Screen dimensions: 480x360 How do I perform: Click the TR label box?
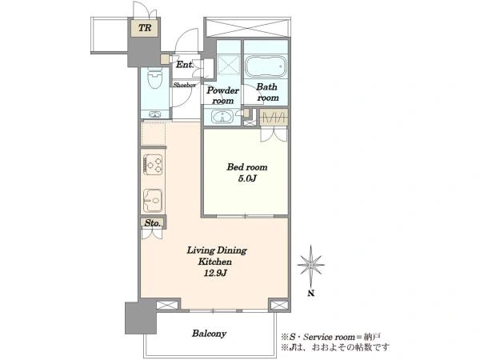tap(145, 28)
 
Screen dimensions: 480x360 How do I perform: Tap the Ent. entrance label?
tap(185, 65)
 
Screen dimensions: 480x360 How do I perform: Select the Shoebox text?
tap(184, 85)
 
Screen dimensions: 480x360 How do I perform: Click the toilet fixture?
tap(155, 78)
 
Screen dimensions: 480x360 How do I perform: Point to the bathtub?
tap(266, 66)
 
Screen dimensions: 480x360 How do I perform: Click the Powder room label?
tap(222, 95)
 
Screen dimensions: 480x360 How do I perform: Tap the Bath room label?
tap(267, 92)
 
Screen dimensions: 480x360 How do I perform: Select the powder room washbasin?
tap(222, 117)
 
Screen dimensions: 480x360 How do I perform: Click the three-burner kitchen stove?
tap(154, 165)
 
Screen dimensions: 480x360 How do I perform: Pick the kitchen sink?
tap(153, 201)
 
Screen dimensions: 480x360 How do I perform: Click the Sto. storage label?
tap(153, 223)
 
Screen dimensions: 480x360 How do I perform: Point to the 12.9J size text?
tap(215, 273)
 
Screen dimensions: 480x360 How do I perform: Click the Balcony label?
tap(210, 333)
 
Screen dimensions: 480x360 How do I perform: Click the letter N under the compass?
tap(311, 294)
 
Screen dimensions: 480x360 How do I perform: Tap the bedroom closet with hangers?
tap(274, 118)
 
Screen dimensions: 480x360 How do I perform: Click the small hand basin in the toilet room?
tap(154, 114)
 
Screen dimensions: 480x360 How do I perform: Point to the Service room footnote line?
tap(331, 337)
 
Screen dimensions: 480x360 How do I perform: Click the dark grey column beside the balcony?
tap(141, 318)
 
